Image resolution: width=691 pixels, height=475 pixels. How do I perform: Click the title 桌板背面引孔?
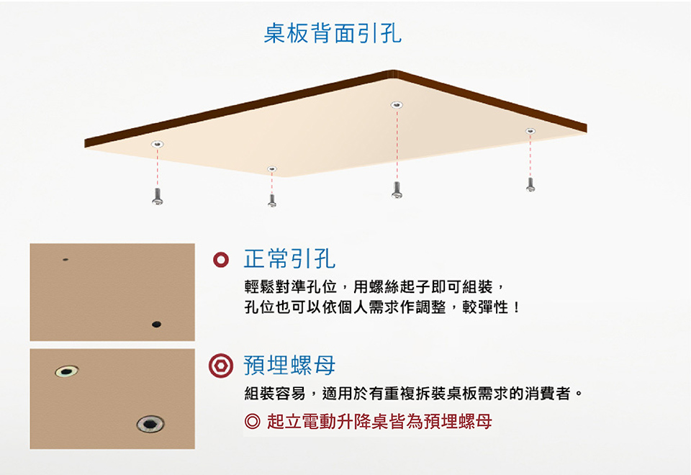point(333,33)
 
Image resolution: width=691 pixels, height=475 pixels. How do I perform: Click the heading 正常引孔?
point(289,258)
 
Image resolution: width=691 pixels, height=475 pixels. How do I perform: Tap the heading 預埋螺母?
point(289,366)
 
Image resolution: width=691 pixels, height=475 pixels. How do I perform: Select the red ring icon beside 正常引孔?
point(221,260)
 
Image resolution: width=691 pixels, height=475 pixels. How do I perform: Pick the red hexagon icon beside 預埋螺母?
point(221,366)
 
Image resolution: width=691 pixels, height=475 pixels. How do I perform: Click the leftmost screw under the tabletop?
point(158,196)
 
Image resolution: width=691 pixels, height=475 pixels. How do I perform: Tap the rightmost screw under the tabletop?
point(530,185)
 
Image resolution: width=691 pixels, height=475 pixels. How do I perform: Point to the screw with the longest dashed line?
point(397,190)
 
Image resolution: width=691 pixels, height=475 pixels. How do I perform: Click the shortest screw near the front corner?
point(272,201)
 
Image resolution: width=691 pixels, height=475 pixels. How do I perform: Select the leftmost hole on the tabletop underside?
point(158,144)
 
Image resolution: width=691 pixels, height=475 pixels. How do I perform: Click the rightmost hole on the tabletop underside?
point(530,131)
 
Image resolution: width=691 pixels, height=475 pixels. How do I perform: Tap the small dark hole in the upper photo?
point(66,260)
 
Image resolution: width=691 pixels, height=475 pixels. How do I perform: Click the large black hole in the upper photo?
point(156,325)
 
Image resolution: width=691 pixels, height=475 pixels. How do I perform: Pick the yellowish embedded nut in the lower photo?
point(67,371)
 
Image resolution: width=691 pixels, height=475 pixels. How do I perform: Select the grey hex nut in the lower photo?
point(150,424)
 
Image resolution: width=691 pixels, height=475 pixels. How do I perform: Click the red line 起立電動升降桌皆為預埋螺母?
point(379,422)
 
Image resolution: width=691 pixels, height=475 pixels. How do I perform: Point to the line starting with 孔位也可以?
point(382,307)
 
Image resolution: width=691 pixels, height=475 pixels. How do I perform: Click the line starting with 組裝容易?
point(414,393)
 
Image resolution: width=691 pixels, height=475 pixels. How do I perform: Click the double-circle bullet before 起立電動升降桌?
point(253,422)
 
